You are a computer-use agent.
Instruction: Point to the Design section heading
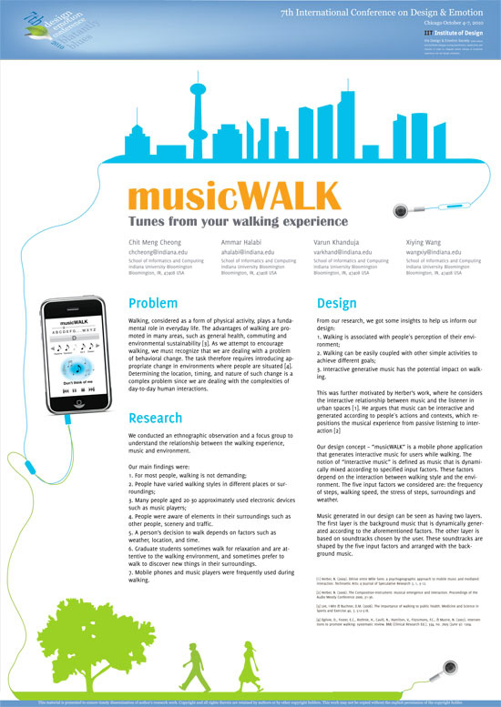click(337, 303)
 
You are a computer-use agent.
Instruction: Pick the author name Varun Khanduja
click(338, 243)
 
